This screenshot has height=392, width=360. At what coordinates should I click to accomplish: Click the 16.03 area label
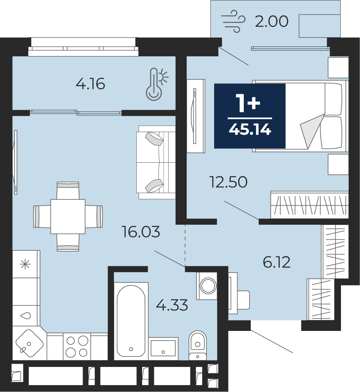tap(141, 231)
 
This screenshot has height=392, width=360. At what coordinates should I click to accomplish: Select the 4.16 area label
tap(90, 84)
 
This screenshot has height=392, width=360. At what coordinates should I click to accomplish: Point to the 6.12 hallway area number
tap(277, 262)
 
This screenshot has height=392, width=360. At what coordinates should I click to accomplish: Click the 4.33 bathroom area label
tap(172, 305)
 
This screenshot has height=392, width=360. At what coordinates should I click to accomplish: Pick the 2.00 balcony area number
tap(272, 21)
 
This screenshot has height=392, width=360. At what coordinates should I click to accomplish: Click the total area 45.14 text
tap(250, 130)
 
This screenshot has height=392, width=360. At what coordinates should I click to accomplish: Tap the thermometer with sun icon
tap(157, 85)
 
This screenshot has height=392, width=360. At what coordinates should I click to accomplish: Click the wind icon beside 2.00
tap(233, 21)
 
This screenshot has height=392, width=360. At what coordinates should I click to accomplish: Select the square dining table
tap(68, 216)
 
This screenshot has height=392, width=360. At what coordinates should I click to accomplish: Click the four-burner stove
tap(77, 346)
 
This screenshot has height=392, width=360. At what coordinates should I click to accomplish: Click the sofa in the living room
tap(156, 163)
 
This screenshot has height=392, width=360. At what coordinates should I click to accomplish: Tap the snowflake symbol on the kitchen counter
tap(25, 264)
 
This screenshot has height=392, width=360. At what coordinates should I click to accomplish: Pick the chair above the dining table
tap(68, 191)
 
